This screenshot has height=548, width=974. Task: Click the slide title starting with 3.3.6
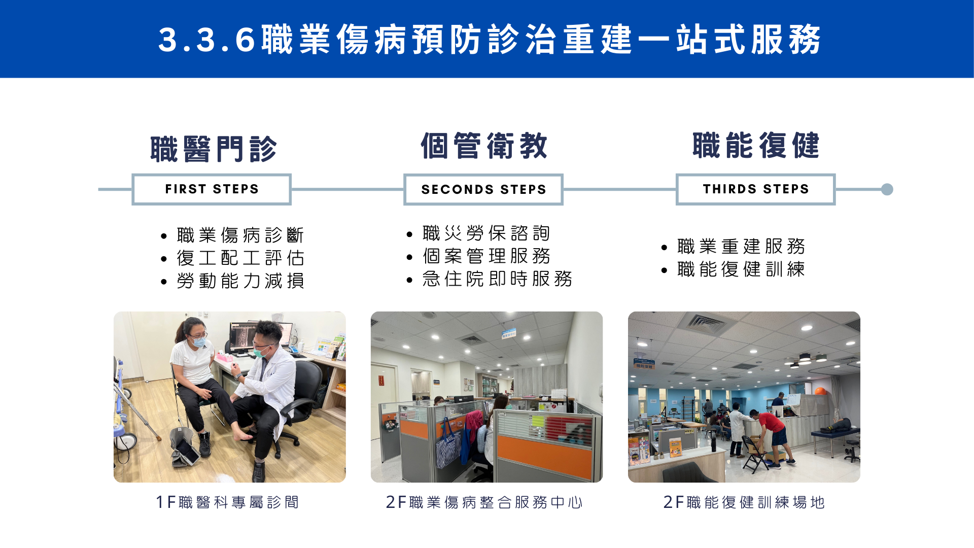(490, 39)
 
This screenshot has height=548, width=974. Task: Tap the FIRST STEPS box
(212, 189)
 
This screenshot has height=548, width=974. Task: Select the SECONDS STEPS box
(483, 189)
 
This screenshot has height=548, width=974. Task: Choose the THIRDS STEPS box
(755, 189)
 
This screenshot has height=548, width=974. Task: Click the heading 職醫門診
(214, 149)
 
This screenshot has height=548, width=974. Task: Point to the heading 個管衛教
(484, 146)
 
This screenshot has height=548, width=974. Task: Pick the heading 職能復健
(756, 145)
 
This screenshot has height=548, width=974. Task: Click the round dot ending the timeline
(887, 189)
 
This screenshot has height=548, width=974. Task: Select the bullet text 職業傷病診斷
(240, 235)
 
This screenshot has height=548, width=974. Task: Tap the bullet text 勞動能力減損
(240, 281)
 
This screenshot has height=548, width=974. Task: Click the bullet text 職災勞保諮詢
(486, 233)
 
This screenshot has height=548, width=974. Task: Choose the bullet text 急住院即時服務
(497, 279)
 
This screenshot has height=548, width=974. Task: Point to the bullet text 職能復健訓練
(741, 269)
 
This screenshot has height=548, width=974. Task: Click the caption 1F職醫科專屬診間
(228, 502)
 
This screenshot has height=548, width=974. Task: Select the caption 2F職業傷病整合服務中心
(484, 502)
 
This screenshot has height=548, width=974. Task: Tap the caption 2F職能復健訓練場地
(744, 502)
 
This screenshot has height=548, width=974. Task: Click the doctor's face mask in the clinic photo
(261, 351)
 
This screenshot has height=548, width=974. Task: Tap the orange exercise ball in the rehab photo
(820, 391)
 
